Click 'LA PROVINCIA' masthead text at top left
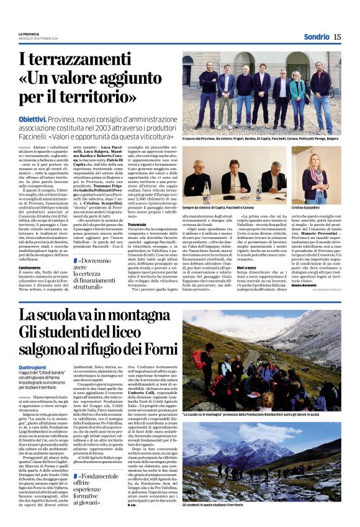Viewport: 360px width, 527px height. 29,34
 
